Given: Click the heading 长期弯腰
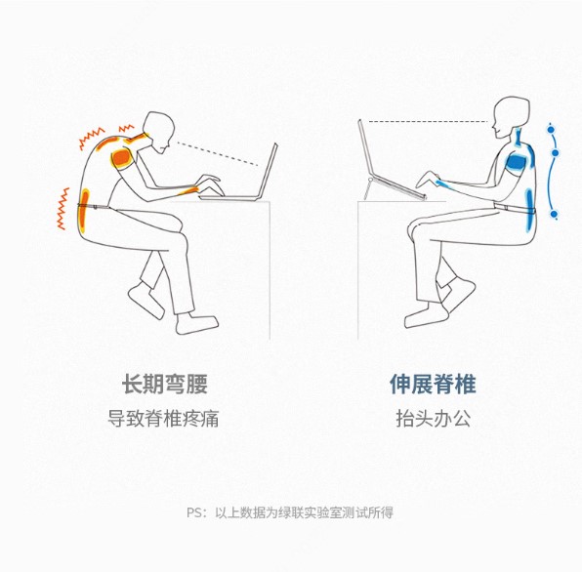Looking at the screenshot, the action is tap(164, 384).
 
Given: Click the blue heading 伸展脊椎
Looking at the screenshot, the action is tap(433, 384).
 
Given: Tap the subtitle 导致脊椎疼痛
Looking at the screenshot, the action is tap(163, 419).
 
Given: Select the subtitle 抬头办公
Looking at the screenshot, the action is tap(434, 419).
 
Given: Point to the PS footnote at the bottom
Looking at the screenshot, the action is tap(290, 512).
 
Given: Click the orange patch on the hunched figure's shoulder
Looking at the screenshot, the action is tap(122, 158).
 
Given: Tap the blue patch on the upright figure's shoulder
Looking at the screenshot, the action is tap(519, 162).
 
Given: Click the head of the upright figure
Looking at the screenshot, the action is tap(510, 117).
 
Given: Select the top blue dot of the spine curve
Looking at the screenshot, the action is tap(551, 130).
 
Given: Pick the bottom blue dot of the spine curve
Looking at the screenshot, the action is tap(554, 214).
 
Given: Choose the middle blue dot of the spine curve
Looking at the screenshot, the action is tap(556, 152).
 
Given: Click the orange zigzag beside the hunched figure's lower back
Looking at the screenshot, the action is tap(62, 209).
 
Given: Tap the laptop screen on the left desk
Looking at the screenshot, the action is tap(269, 171).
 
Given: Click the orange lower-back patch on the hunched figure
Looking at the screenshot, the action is tap(84, 211).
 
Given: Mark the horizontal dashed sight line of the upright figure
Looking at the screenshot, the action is tap(428, 121).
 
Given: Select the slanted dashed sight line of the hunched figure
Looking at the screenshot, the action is tap(218, 153).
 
